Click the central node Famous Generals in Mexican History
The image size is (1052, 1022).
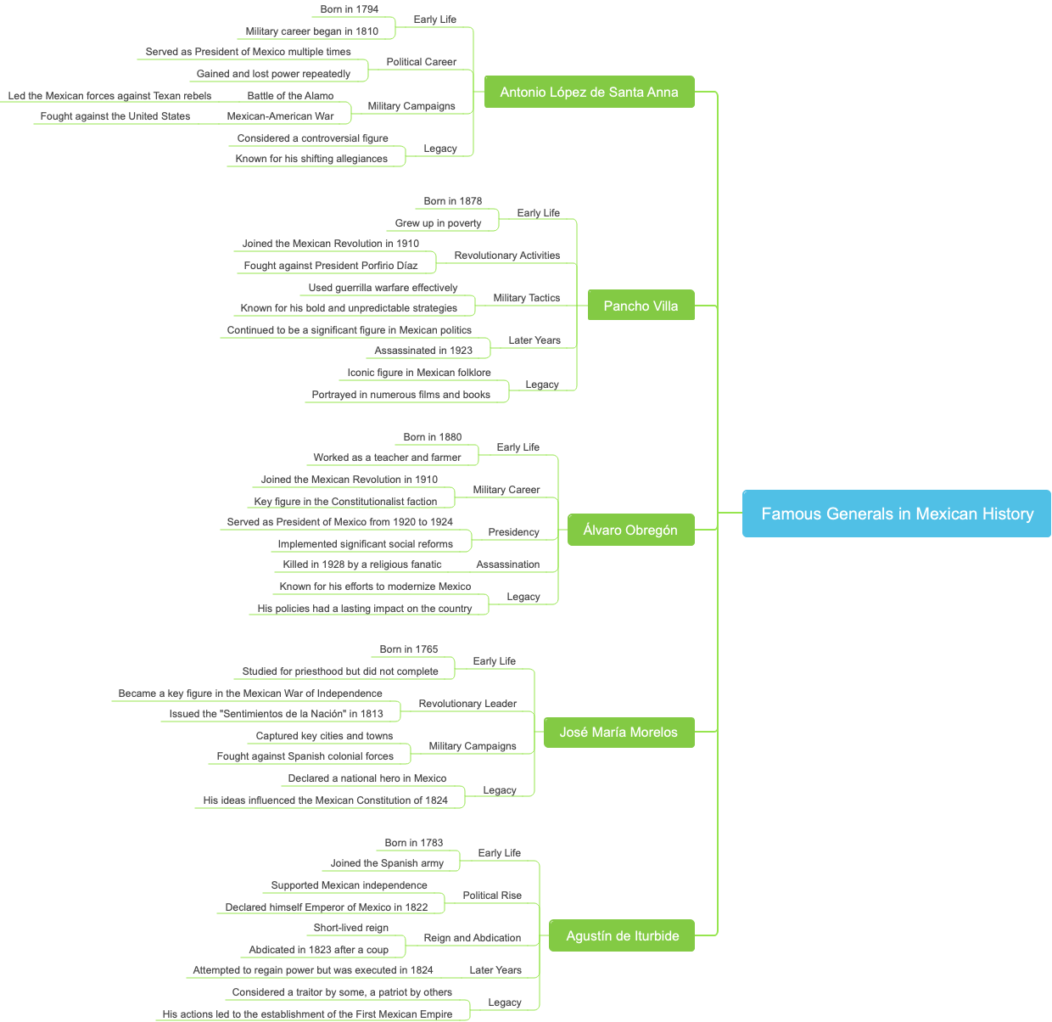(x=897, y=514)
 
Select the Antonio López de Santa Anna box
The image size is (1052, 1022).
(x=589, y=92)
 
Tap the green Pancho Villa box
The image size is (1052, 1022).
(x=641, y=306)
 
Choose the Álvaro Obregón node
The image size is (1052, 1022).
(x=630, y=530)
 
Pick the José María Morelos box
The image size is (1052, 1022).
(x=618, y=732)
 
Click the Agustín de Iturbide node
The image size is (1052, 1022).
(x=622, y=935)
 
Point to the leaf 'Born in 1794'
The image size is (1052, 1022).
(x=350, y=9)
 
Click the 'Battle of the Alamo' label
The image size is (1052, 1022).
(x=290, y=96)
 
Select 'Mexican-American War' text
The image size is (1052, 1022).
(x=280, y=116)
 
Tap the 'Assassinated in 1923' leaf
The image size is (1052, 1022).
(x=423, y=351)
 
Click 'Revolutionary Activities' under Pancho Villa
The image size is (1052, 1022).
(x=507, y=255)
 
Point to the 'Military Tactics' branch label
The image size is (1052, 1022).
(x=527, y=298)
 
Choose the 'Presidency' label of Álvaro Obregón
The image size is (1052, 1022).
(x=513, y=532)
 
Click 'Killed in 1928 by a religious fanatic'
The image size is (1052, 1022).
(x=362, y=564)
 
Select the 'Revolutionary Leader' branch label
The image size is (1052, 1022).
(x=467, y=704)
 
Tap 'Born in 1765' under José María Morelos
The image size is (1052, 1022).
(x=409, y=649)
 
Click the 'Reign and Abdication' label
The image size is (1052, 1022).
(x=473, y=938)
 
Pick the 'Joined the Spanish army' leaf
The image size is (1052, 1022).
(x=387, y=863)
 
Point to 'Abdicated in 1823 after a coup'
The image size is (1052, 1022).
(x=319, y=950)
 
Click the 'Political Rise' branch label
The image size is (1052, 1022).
(x=492, y=896)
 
